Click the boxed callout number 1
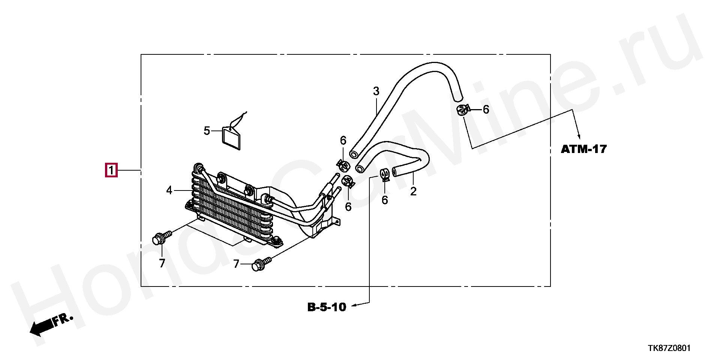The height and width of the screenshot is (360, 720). coord(111,171)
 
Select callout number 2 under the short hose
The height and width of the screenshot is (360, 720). coord(413,192)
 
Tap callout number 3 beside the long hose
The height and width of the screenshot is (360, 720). coord(376,91)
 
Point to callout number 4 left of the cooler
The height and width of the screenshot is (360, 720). coord(169,190)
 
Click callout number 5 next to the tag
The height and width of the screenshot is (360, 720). coord(207,131)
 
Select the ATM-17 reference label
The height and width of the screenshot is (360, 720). coord(583,149)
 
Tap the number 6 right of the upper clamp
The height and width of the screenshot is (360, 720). coord(486,109)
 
